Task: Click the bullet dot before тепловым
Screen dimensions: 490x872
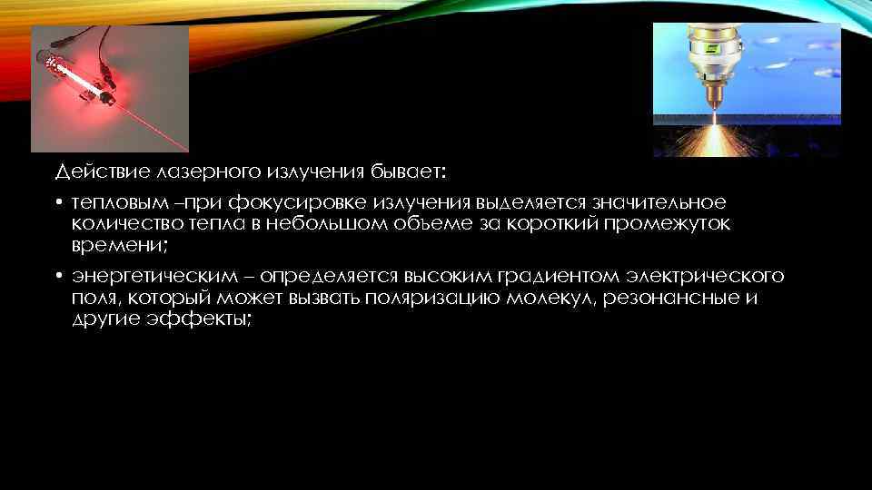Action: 57,202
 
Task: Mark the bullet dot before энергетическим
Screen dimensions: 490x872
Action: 57,276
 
